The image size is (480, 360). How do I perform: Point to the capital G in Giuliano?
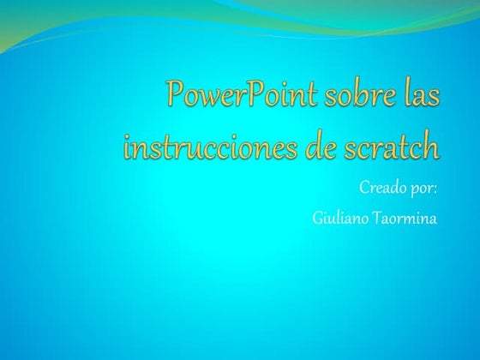[x=318, y=219]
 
